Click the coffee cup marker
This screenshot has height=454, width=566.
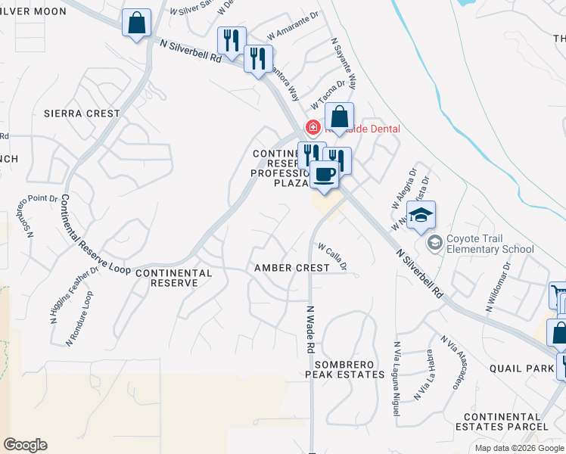(325, 175)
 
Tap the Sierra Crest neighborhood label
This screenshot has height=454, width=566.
(82, 113)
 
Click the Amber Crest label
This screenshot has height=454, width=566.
(292, 268)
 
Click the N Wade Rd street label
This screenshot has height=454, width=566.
(310, 330)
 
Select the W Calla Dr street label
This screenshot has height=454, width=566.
(332, 256)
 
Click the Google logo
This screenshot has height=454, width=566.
(25, 445)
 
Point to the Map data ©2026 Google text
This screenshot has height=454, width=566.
(518, 448)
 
